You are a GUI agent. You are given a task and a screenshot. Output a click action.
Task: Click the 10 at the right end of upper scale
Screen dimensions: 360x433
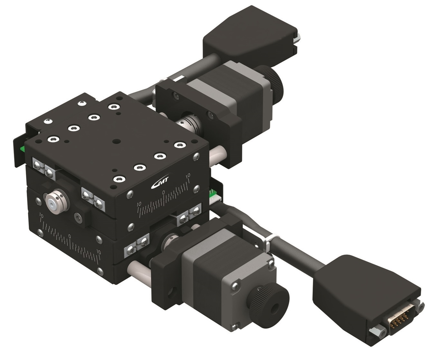pos(188,176)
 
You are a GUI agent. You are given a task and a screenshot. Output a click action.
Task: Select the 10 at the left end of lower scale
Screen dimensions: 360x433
pos(41,215)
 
